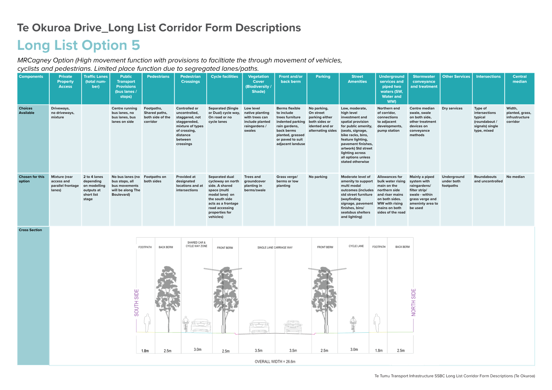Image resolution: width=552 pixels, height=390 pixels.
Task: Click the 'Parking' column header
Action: point(323,76)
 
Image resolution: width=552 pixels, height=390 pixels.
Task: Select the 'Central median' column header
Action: point(519,79)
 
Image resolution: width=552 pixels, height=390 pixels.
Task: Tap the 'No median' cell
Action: point(515,177)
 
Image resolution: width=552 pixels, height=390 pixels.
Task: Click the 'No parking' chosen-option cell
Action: point(318,177)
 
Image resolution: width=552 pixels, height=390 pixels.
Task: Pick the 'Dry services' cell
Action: point(452,108)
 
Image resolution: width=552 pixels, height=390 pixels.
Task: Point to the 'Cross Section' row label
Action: point(30,230)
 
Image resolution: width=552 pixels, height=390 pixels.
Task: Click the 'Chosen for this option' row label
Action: point(32,179)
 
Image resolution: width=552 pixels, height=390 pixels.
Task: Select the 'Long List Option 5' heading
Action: point(79,45)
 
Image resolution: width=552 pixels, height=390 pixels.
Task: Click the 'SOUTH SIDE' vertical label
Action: point(136,302)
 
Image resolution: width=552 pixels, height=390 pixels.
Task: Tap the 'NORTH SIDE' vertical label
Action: point(413,302)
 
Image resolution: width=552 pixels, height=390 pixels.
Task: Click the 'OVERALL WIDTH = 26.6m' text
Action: point(275,362)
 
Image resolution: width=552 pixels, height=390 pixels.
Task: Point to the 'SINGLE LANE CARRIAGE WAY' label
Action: point(275,248)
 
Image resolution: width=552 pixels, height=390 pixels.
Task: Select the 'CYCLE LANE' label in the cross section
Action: point(356,246)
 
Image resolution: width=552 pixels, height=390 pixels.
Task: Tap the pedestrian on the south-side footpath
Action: point(147,323)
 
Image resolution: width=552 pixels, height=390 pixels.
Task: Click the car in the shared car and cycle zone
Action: point(201,326)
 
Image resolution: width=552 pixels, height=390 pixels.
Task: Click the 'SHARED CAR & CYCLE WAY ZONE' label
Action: point(196,244)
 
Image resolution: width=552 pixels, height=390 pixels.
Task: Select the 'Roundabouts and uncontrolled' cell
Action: point(488,179)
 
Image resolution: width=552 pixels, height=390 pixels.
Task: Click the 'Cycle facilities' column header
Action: point(224,76)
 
